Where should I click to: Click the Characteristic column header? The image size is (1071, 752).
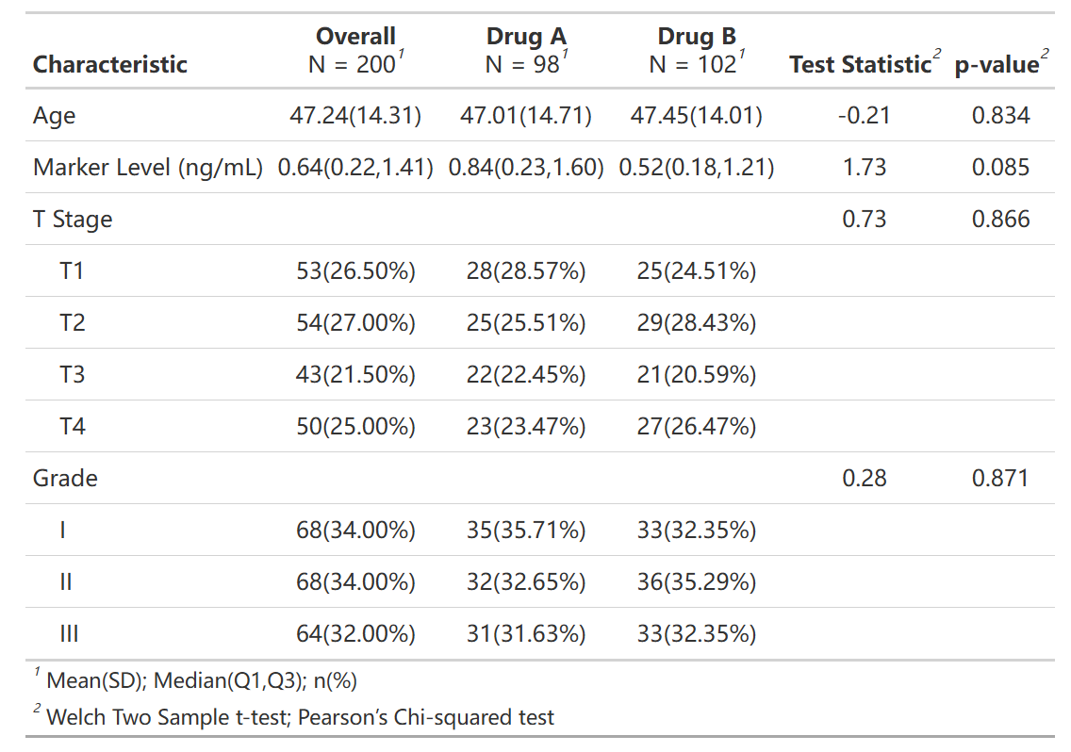click(110, 64)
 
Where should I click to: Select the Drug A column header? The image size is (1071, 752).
click(526, 50)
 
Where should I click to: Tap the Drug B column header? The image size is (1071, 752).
click(697, 50)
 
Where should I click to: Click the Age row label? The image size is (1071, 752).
click(54, 116)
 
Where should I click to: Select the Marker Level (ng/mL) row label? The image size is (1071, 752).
click(147, 168)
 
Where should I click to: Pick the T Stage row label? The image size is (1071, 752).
click(73, 220)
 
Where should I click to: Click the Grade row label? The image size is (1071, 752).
click(65, 478)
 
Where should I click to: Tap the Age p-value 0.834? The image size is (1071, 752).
click(1000, 115)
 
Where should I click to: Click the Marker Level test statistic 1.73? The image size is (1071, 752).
click(864, 168)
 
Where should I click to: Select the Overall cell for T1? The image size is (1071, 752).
click(355, 271)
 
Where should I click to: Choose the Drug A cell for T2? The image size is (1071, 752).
click(526, 323)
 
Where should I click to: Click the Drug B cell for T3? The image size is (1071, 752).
click(697, 375)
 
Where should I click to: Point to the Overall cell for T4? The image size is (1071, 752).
click(355, 427)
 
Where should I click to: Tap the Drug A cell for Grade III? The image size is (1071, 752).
click(526, 634)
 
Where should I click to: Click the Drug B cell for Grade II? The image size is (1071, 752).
click(697, 582)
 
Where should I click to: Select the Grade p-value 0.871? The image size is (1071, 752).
click(1000, 478)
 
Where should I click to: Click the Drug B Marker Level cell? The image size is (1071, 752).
click(697, 168)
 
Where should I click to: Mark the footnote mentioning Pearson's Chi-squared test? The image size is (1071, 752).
click(294, 717)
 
